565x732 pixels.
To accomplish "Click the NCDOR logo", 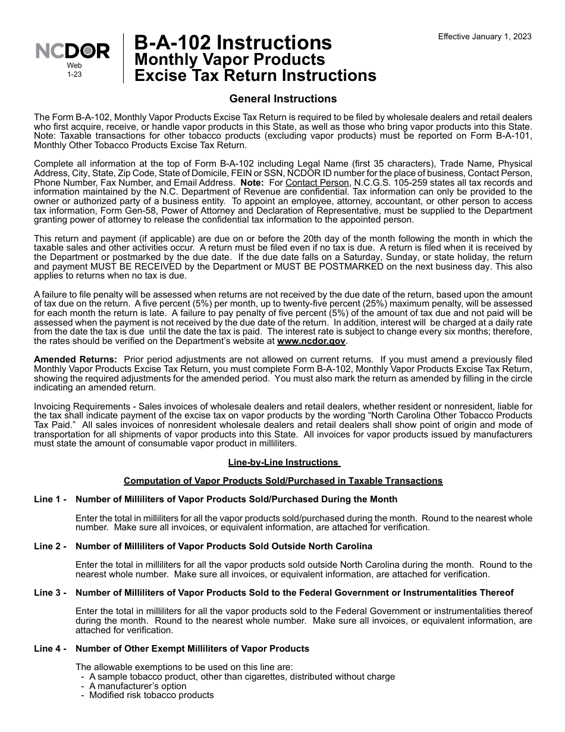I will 73,52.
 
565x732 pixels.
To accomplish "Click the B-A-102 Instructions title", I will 233,43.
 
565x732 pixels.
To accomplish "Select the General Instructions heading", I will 282,99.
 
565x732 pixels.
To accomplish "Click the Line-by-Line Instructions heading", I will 284,462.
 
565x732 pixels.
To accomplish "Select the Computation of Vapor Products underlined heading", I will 282,481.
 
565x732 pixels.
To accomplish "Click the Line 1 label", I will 50,499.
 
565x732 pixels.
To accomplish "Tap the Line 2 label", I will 50,546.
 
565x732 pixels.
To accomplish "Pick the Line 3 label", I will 50,593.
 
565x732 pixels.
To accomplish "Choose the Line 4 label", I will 50,649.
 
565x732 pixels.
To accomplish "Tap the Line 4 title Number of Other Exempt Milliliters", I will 192,649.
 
